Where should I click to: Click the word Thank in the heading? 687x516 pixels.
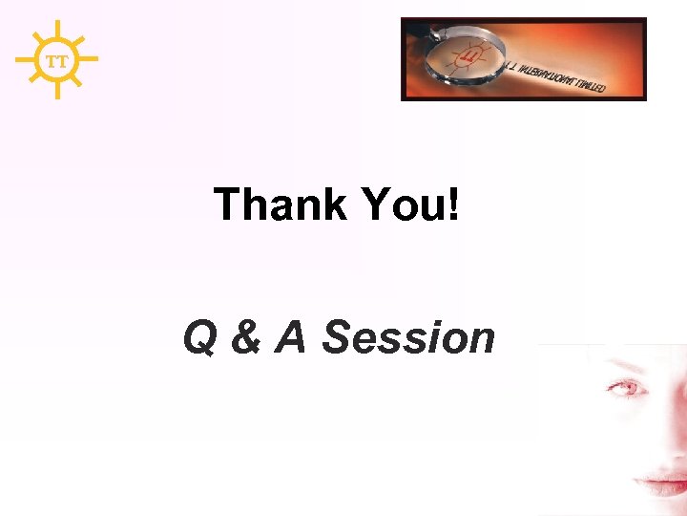click(x=280, y=204)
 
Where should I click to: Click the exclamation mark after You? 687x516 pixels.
click(x=452, y=204)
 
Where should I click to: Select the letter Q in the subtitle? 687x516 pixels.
click(x=199, y=338)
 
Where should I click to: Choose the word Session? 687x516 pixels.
click(x=408, y=337)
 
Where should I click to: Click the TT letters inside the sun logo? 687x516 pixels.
click(x=57, y=60)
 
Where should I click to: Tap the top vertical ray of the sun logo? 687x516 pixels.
click(x=57, y=30)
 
